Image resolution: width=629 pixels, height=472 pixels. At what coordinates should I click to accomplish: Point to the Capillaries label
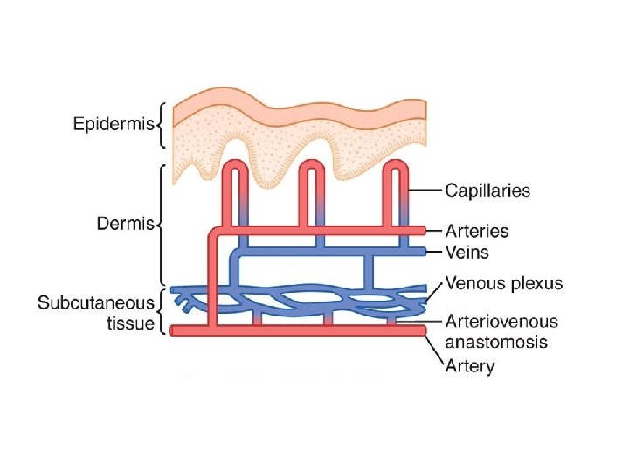[487, 190]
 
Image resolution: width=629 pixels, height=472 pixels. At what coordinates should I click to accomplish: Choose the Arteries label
[477, 231]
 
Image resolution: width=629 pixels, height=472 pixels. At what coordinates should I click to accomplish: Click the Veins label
[468, 253]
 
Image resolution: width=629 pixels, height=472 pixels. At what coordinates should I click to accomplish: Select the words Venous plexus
[504, 283]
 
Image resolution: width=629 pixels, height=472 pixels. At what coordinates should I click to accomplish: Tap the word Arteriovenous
[501, 322]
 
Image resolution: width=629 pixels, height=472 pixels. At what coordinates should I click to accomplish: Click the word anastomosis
[496, 341]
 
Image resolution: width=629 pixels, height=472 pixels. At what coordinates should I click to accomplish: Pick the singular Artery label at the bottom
[469, 365]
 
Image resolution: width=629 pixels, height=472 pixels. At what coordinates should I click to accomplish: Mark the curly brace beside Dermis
[161, 223]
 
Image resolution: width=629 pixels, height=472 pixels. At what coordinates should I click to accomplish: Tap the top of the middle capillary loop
[313, 164]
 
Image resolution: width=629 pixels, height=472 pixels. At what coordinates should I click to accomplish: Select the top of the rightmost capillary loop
[395, 164]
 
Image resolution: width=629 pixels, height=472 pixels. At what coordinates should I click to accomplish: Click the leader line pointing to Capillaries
[423, 190]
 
